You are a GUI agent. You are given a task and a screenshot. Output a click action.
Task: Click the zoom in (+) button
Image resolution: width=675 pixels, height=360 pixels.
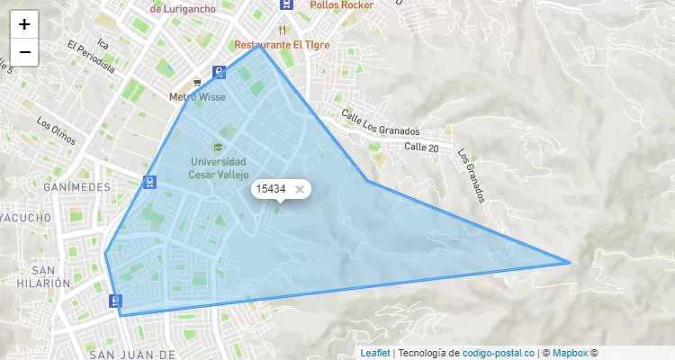click(24, 24)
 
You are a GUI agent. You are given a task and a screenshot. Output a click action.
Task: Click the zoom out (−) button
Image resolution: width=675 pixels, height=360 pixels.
click(24, 52)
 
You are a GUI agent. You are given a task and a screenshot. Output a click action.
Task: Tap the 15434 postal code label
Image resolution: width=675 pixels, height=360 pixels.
click(271, 189)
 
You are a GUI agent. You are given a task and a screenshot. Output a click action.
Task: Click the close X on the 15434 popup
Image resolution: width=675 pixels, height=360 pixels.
click(300, 189)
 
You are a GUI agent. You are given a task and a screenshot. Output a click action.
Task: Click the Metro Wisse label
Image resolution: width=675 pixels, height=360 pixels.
click(198, 96)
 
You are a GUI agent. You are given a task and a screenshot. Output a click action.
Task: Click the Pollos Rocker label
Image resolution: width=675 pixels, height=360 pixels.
click(341, 4)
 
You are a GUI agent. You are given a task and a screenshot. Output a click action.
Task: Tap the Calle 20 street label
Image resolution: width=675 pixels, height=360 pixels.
click(421, 147)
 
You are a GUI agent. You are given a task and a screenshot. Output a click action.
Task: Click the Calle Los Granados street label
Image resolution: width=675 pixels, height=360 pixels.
click(382, 123)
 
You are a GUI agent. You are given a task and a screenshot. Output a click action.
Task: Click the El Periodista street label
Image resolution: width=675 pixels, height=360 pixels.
click(91, 55)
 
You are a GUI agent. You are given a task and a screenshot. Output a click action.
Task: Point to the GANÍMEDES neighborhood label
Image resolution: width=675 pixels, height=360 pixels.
click(76, 187)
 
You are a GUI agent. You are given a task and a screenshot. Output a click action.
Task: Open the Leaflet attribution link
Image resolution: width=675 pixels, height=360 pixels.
click(375, 353)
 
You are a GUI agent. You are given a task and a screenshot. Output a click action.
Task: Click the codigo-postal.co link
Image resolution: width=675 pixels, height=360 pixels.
click(498, 353)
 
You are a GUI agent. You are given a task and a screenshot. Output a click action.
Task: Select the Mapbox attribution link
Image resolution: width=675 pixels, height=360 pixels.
click(570, 353)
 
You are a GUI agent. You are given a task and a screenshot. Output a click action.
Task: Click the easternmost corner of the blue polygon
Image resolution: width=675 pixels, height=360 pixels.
click(570, 263)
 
